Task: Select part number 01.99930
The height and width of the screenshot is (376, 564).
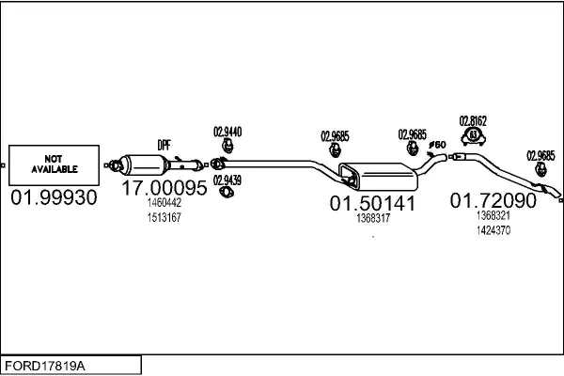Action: point(54,197)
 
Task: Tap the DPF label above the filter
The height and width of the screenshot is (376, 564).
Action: point(164,145)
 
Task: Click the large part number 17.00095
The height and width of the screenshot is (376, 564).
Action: point(164,187)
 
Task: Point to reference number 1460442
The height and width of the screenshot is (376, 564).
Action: point(164,203)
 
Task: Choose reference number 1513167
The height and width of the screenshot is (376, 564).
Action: point(164,217)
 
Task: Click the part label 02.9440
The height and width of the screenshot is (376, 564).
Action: point(227,132)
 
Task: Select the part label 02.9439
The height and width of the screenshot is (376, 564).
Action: point(227,180)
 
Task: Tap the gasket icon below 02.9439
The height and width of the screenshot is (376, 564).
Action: point(227,192)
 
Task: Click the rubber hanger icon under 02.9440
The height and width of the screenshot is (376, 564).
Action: point(227,146)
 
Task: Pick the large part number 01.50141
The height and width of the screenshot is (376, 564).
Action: point(372,203)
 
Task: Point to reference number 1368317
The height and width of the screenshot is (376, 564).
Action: point(373,218)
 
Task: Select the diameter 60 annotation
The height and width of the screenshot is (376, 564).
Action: point(437,145)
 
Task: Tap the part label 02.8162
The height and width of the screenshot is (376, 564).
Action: point(473,121)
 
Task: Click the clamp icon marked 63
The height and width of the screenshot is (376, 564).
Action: point(474,136)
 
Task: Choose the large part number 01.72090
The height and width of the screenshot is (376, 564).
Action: point(493,200)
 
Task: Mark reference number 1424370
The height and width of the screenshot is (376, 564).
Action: point(493,230)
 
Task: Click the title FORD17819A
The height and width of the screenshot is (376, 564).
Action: point(45,366)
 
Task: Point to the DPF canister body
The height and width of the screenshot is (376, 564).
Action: point(144,165)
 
